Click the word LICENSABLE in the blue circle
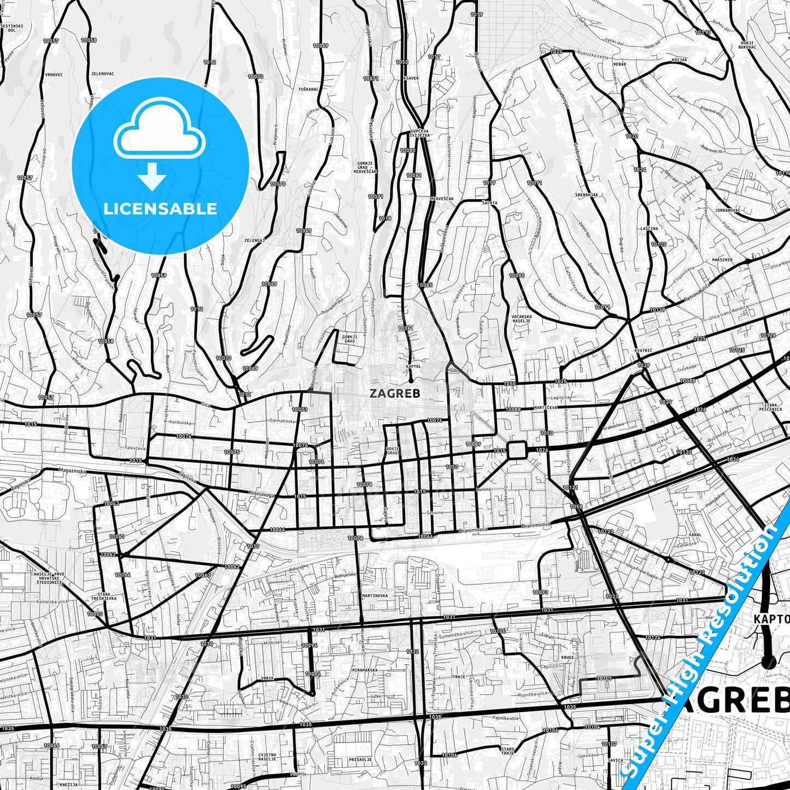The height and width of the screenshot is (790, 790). click(160, 209)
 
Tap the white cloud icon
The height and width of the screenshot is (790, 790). click(159, 132)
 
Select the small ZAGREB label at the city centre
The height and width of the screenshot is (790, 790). click(395, 393)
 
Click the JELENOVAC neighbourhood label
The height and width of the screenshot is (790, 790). click(102, 73)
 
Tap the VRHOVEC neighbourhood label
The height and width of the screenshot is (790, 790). click(54, 74)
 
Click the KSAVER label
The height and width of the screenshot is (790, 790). click(411, 78)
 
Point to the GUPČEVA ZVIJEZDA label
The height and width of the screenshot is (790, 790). click(419, 133)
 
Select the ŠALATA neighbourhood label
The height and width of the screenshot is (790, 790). click(489, 202)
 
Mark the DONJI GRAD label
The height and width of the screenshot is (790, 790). click(392, 450)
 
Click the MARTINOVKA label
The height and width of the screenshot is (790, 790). click(375, 595)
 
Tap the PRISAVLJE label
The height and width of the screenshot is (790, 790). click(360, 759)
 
